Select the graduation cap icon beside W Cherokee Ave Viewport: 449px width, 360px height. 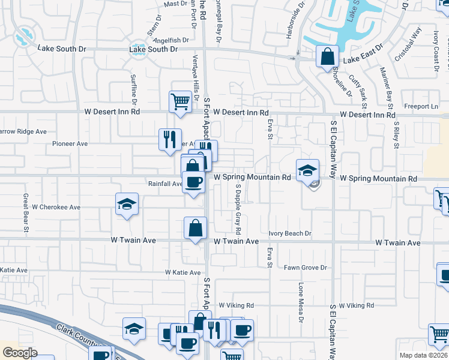pyautogui.click(x=127, y=205)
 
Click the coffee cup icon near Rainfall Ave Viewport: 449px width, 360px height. pyautogui.click(x=193, y=182)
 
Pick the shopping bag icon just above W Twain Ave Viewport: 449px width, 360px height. pyautogui.click(x=196, y=229)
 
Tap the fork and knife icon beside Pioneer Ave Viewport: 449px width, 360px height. pyautogui.click(x=169, y=140)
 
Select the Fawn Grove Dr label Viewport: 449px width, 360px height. pyautogui.click(x=306, y=268)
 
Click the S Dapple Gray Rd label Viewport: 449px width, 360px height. pyautogui.click(x=238, y=209)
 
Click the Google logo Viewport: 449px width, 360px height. pyautogui.click(x=20, y=353)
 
